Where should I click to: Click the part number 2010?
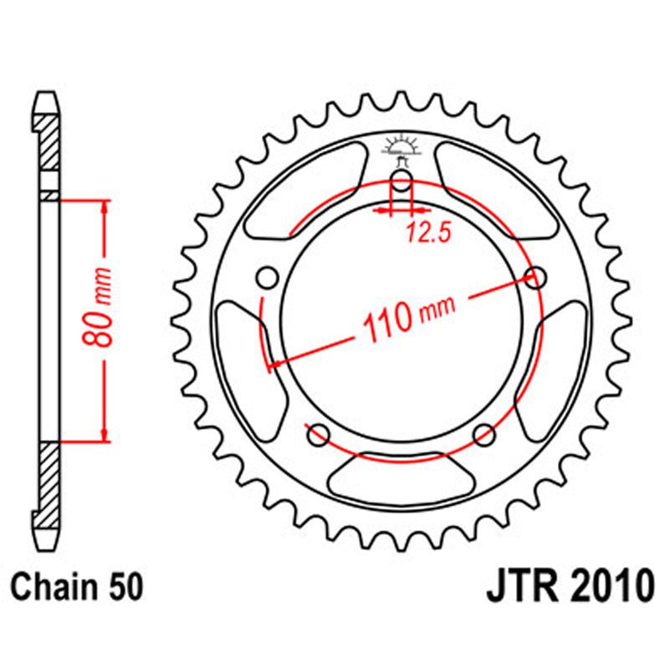click(606, 585)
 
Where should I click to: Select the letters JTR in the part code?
click(519, 585)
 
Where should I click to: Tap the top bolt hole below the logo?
click(401, 185)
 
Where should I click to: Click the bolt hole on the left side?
click(268, 277)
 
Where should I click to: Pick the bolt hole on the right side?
click(535, 277)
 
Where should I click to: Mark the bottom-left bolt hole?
click(318, 434)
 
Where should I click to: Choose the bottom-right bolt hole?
click(484, 434)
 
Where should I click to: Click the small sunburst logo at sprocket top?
click(401, 148)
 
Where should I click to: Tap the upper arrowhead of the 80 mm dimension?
click(104, 206)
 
